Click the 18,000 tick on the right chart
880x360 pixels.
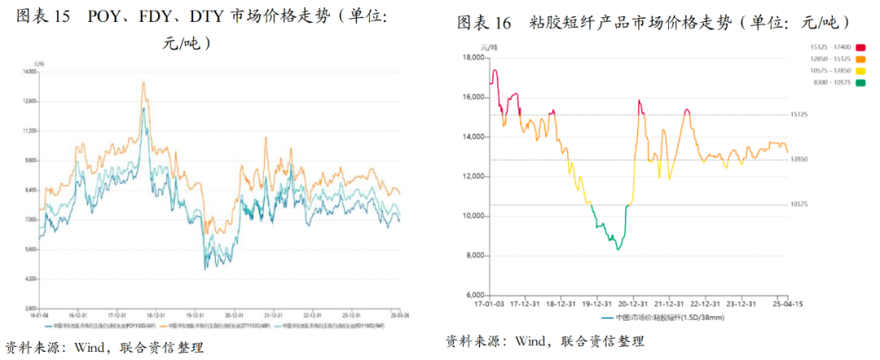click(x=473, y=58)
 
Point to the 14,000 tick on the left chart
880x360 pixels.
click(x=32, y=72)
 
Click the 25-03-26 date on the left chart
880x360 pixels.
click(x=399, y=314)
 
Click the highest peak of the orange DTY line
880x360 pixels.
click(x=143, y=82)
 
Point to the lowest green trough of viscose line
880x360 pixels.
click(x=618, y=249)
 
